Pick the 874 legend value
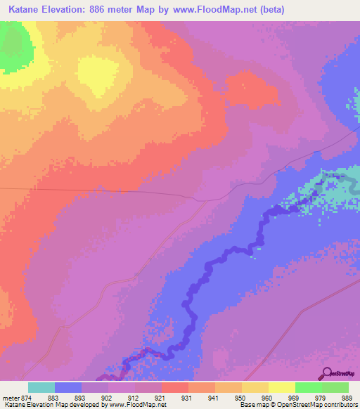(27, 397)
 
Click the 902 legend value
(107, 397)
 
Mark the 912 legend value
(134, 397)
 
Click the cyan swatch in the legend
(41, 387)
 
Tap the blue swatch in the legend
(68, 387)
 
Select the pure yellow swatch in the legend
(282, 387)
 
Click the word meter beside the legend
(10, 397)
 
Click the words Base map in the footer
(251, 405)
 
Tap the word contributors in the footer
(342, 405)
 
